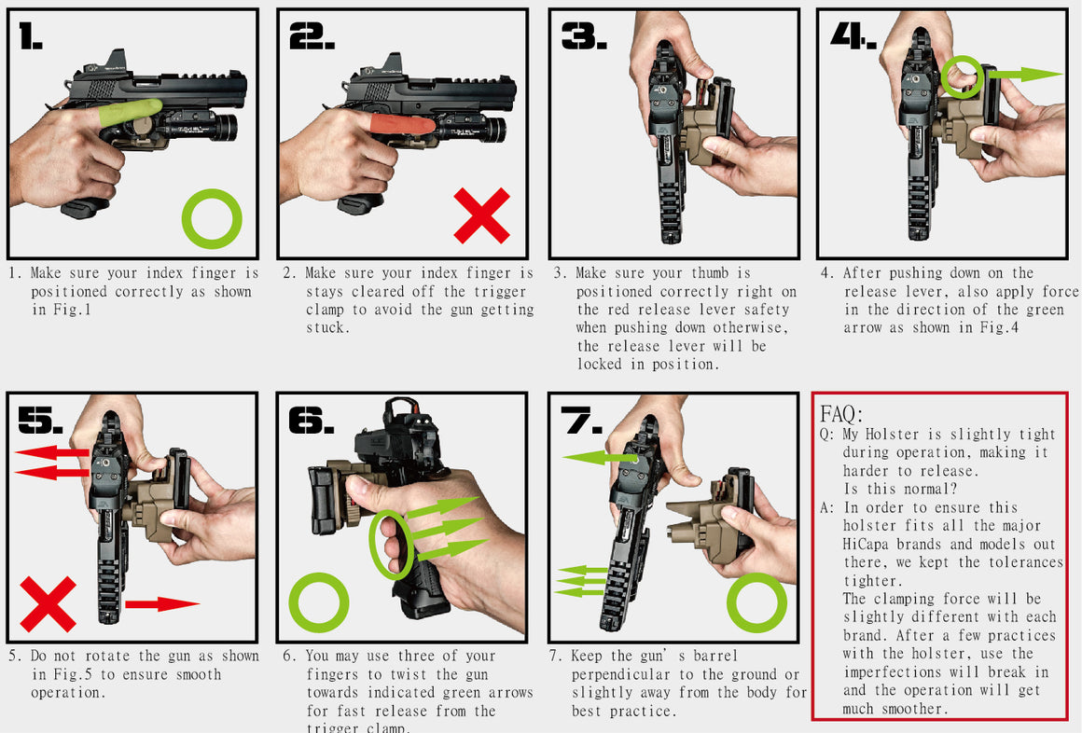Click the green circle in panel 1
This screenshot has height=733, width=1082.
212,219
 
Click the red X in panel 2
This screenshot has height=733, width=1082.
481,215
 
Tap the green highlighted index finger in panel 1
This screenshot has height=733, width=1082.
129,114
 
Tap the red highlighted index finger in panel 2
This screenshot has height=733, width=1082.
401,127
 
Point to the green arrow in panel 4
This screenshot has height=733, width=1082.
1024,75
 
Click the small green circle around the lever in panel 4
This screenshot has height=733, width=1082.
962,76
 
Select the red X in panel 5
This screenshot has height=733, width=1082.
48,603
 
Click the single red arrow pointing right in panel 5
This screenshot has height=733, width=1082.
160,603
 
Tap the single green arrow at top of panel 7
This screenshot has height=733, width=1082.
600,457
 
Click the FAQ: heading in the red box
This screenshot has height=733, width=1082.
841,414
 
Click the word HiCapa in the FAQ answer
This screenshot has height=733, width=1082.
867,544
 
